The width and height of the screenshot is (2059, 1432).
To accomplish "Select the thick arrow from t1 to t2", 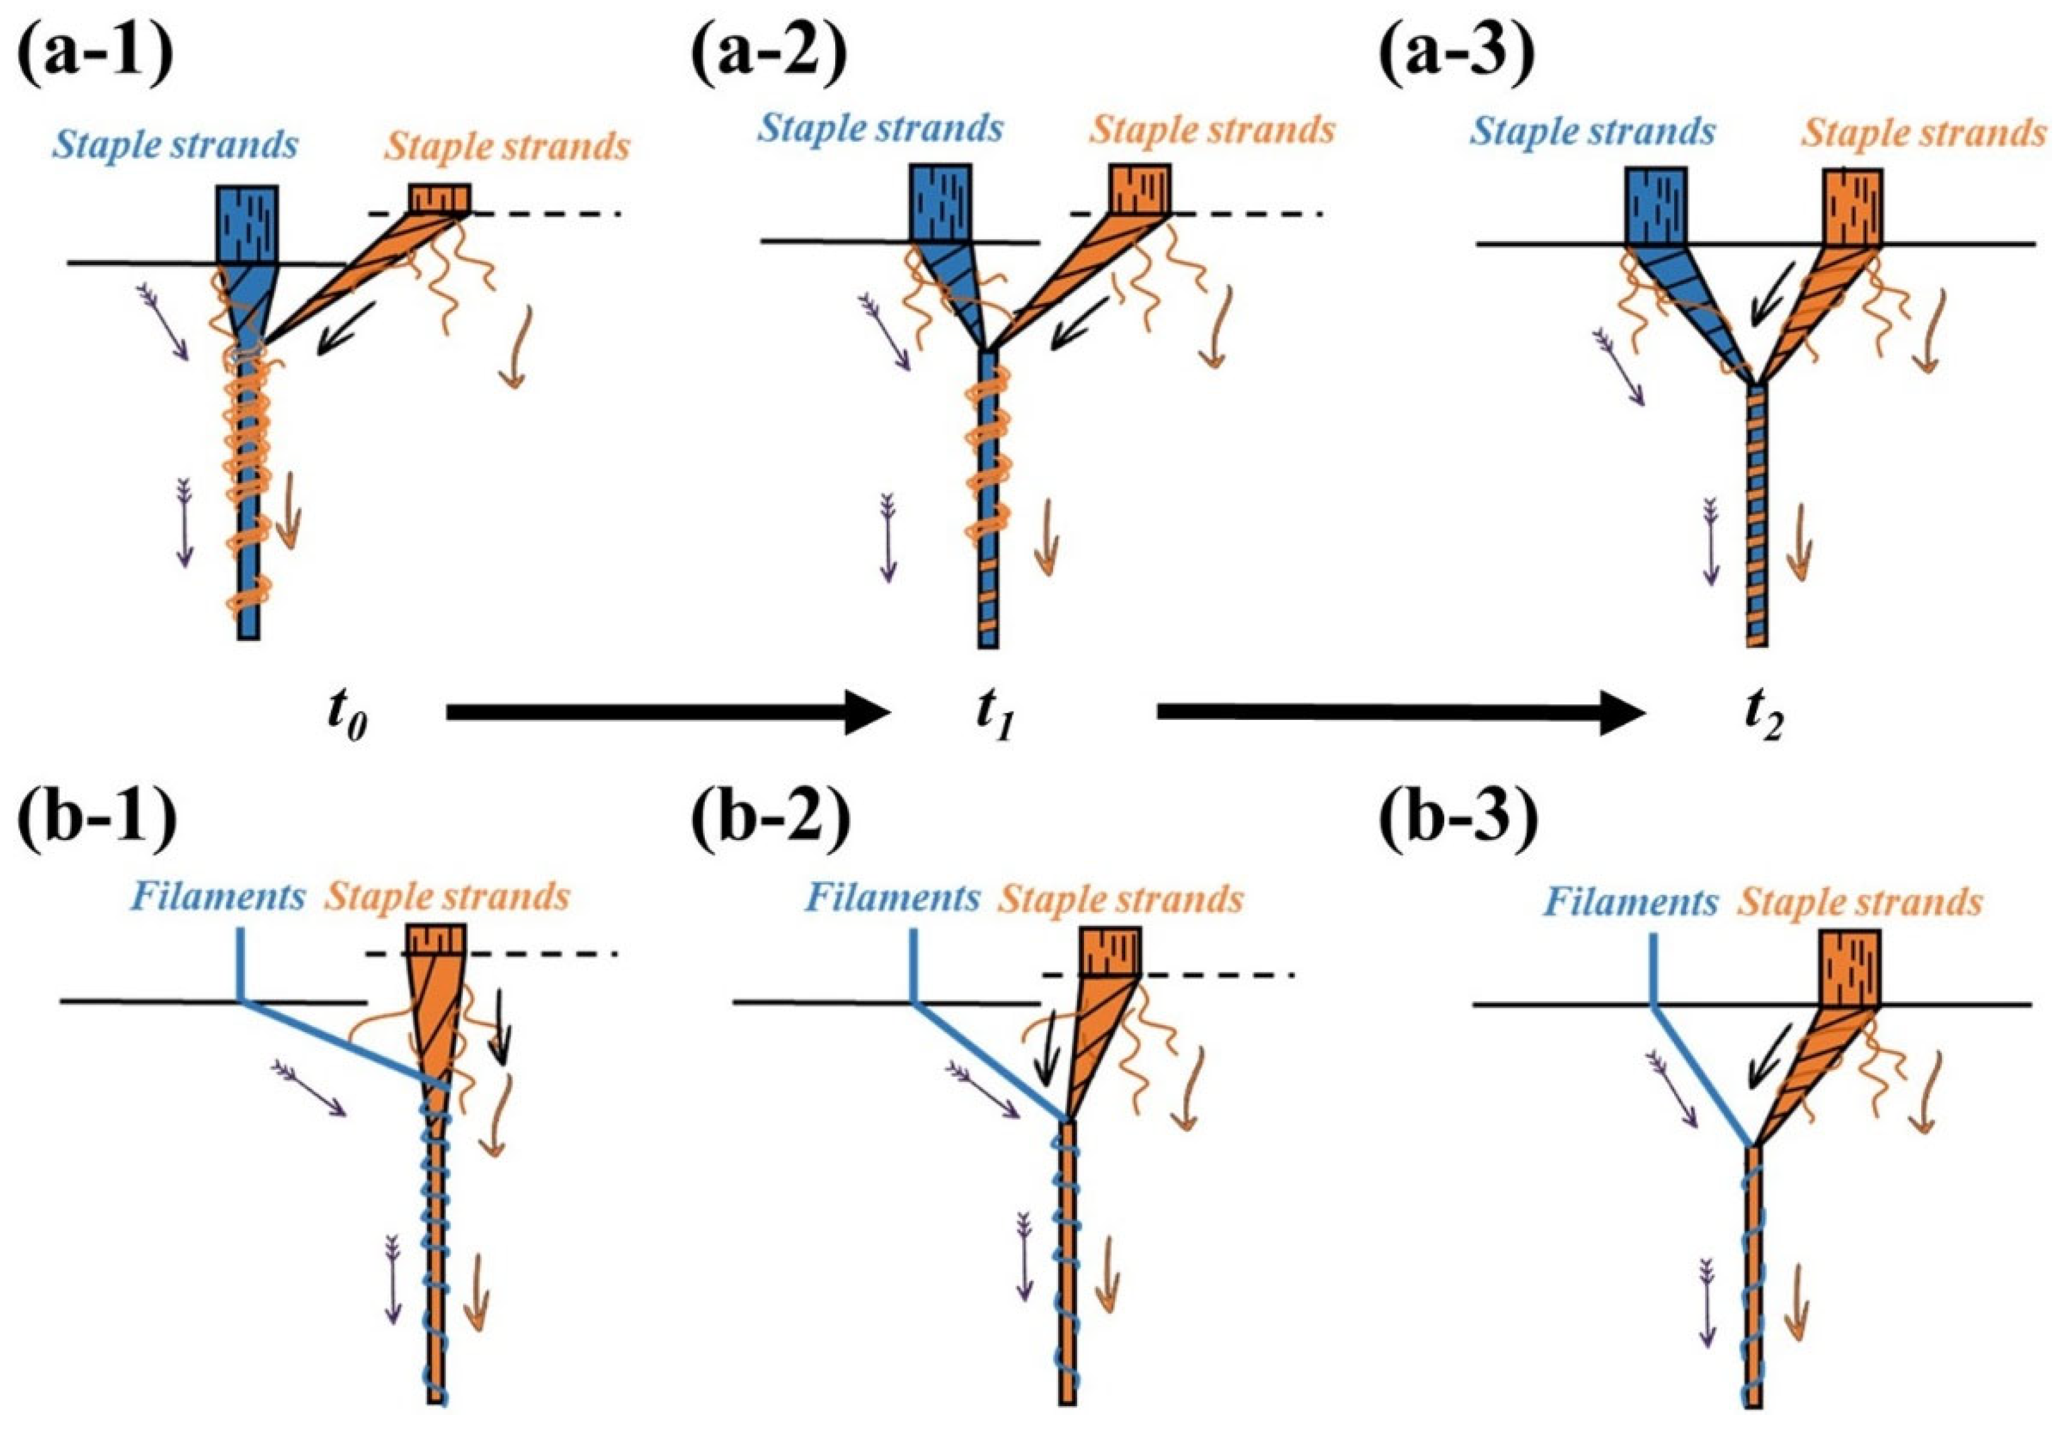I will pos(1399,712).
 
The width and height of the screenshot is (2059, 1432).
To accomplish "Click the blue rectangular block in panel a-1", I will pos(248,224).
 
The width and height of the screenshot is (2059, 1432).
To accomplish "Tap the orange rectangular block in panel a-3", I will pos(1854,207).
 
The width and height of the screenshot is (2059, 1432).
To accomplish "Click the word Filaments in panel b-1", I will pos(218,897).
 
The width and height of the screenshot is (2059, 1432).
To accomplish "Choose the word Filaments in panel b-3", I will pos(1630,901).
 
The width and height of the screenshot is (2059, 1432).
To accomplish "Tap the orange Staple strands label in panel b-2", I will pos(1121,899).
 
